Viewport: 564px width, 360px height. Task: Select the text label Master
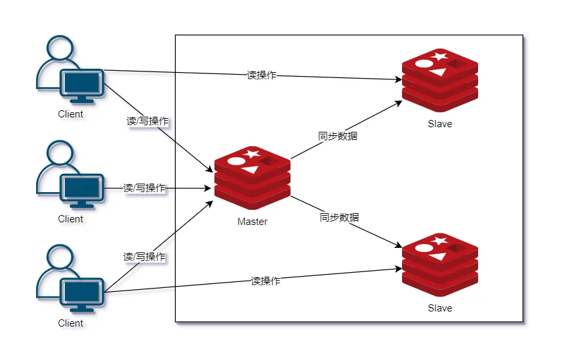(x=252, y=222)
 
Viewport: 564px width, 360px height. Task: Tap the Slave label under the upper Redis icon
(x=439, y=123)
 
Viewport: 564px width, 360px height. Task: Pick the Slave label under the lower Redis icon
(x=439, y=308)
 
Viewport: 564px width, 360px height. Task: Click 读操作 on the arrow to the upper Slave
(x=262, y=75)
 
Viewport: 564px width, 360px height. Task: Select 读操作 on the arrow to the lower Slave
(x=266, y=281)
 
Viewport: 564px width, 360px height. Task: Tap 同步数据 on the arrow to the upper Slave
(x=338, y=136)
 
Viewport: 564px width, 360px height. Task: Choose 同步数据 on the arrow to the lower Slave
(x=339, y=217)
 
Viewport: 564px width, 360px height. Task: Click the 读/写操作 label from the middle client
(x=145, y=188)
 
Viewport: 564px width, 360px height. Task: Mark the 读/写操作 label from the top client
(x=149, y=121)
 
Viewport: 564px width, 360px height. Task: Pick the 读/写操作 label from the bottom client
(x=144, y=257)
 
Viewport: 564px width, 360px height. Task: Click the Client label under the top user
(x=71, y=114)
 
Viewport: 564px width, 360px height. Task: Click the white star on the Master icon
(x=252, y=154)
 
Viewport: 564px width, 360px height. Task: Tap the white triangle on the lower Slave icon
(x=439, y=256)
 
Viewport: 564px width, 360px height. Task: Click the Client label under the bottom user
(x=71, y=323)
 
